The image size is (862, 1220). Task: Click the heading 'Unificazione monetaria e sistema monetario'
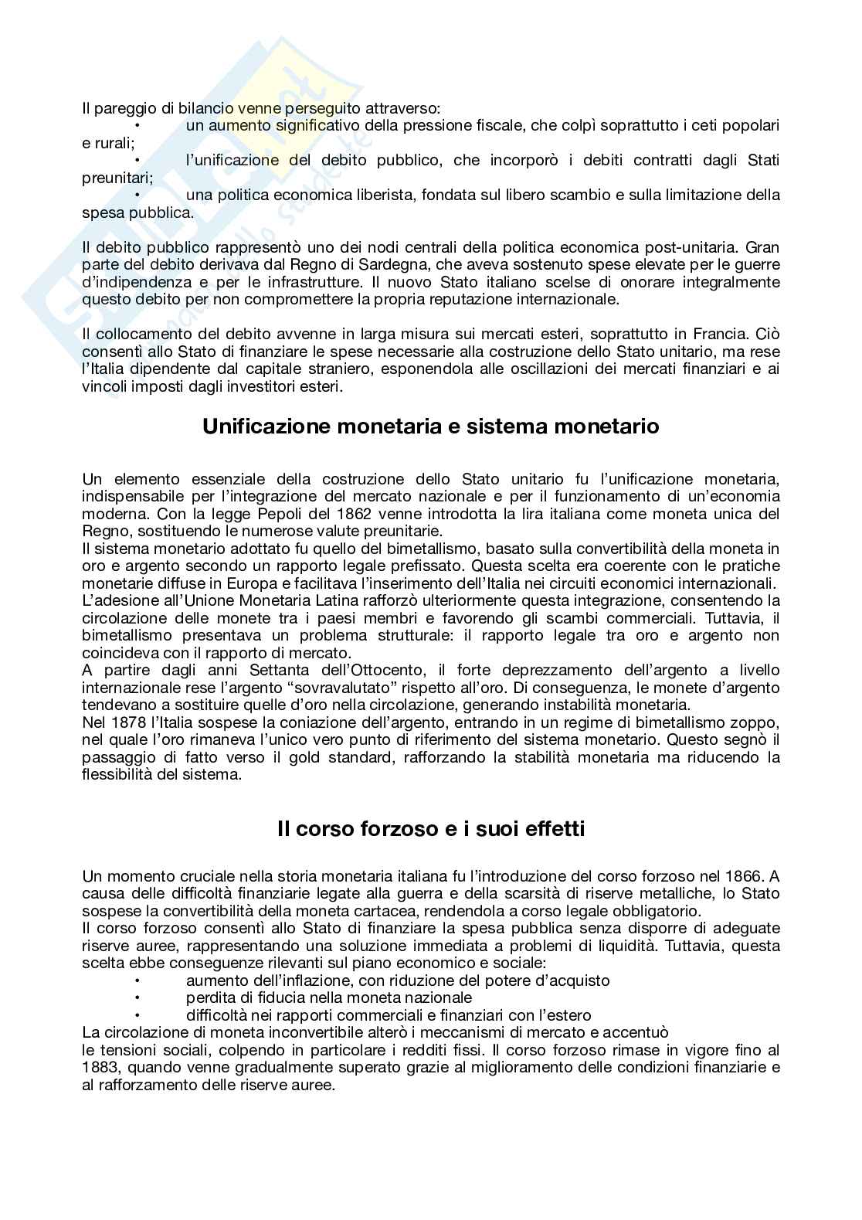click(x=430, y=426)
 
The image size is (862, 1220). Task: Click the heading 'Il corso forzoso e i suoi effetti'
click(x=430, y=829)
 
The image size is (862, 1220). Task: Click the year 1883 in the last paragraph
click(x=100, y=1068)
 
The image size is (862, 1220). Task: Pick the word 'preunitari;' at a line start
click(x=117, y=178)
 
